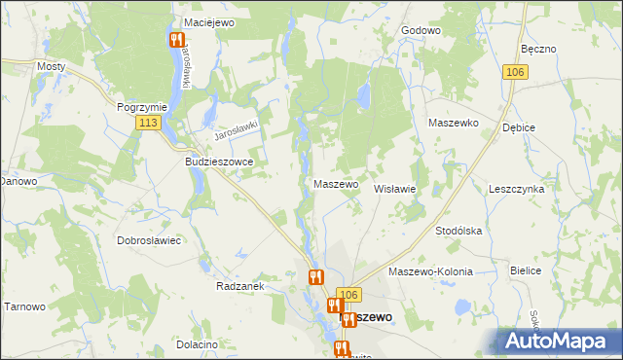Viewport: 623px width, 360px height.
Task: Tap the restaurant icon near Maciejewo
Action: tap(176, 40)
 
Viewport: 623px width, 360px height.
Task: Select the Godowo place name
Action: tap(421, 30)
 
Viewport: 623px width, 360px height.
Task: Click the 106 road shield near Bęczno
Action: tap(516, 72)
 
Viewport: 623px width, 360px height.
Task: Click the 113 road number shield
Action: tap(148, 123)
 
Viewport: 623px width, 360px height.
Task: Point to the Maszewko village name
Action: tap(453, 124)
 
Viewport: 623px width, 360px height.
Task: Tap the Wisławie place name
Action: tap(395, 190)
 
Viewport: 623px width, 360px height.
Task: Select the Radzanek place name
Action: tap(239, 287)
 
